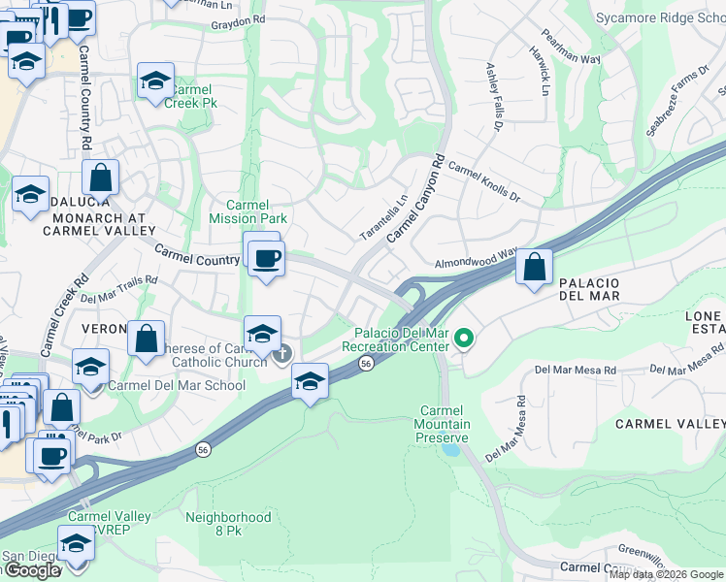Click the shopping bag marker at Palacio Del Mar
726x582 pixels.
coord(534,267)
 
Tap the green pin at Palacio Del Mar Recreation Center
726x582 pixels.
coord(464,339)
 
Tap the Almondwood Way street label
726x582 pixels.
coord(475,257)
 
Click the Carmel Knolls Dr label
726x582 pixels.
coord(483,181)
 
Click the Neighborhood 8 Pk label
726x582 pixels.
coord(228,524)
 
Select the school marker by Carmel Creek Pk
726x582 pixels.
coord(155,82)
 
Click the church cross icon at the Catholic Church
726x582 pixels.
coord(282,354)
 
